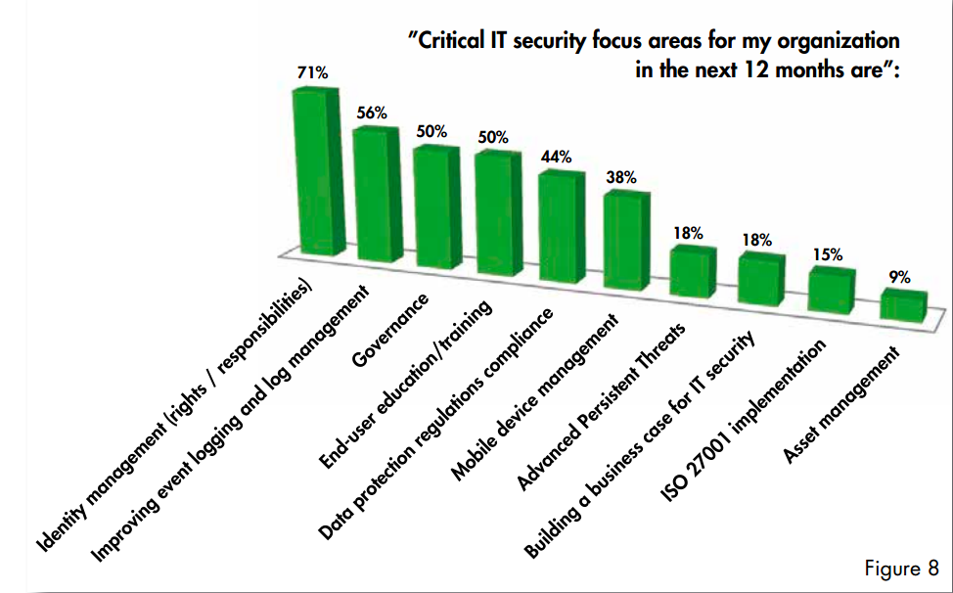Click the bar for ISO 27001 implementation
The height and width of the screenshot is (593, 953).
tap(832, 287)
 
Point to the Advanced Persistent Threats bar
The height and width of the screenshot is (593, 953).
tap(693, 265)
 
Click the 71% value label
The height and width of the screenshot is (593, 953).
tap(313, 72)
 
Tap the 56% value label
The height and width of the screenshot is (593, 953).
tap(371, 114)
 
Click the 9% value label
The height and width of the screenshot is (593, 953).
tap(899, 277)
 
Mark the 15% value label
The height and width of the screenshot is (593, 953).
tap(827, 254)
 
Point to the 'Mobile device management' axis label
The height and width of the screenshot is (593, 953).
tap(539, 401)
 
